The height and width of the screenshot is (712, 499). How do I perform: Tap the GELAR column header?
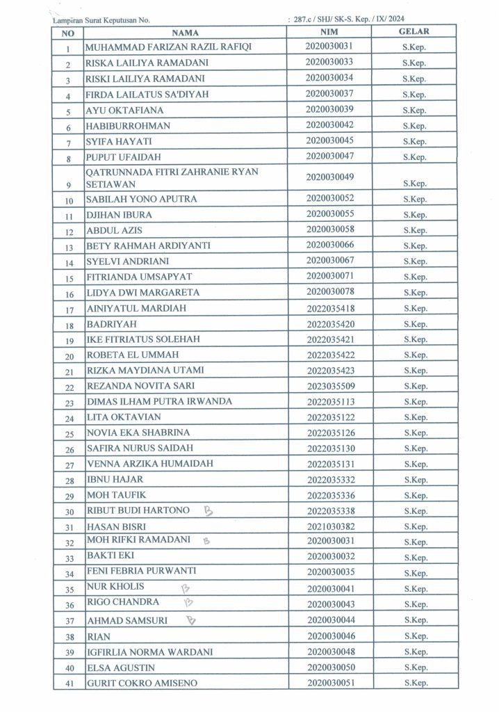(x=414, y=31)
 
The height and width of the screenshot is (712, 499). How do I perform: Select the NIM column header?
(x=329, y=31)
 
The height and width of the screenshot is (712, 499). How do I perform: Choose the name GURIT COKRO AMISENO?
(x=141, y=683)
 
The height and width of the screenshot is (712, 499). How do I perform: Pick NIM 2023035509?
(x=329, y=386)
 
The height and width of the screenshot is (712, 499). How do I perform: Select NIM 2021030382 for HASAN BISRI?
(x=329, y=526)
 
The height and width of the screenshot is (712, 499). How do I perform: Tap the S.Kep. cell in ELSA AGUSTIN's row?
(x=414, y=668)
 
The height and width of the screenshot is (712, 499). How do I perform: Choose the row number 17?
(x=69, y=309)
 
